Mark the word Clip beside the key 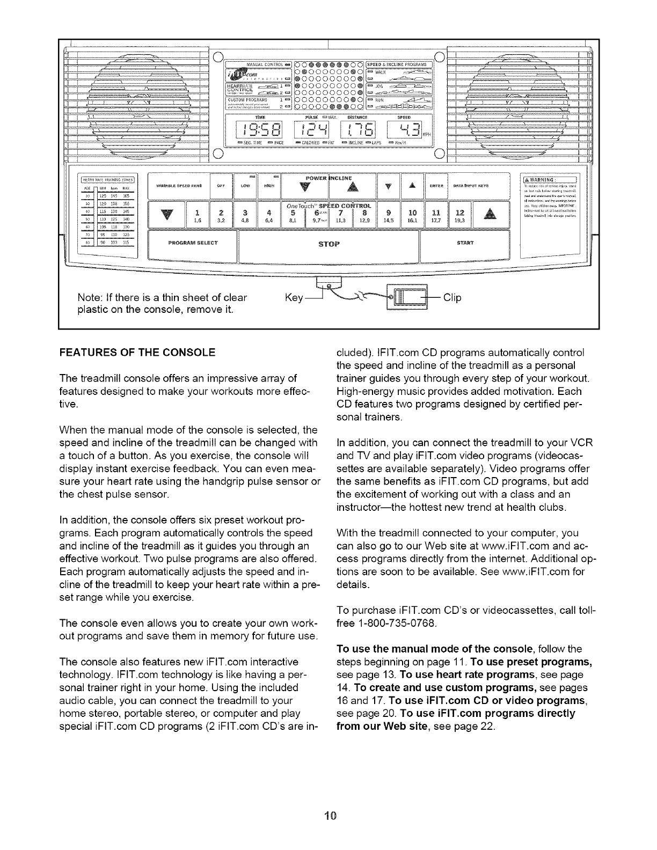(x=452, y=297)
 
